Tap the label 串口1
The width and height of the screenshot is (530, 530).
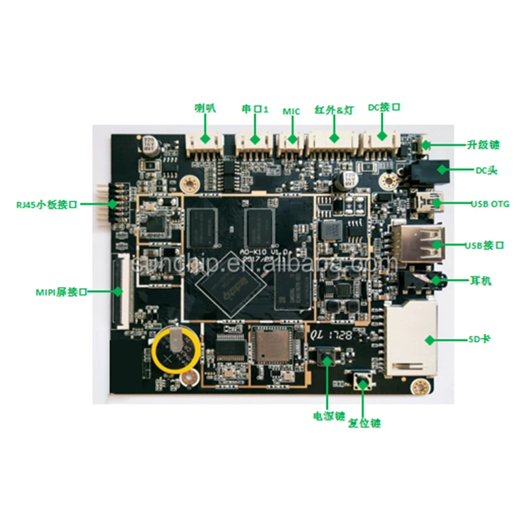pos(254,107)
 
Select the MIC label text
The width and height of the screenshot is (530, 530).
pos(291,111)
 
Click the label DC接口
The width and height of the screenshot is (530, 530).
pos(384,107)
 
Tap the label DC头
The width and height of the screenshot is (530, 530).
pos(486,170)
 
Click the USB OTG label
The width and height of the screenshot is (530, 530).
pos(490,203)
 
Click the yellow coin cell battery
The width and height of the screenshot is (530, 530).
pos(174,349)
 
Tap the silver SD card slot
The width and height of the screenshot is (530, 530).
pos(411,338)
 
